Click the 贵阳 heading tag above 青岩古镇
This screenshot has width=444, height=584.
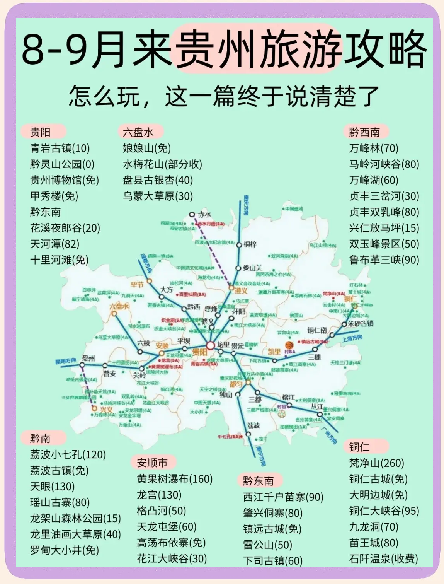tap(41, 132)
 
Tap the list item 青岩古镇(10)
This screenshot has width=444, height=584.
tap(60, 148)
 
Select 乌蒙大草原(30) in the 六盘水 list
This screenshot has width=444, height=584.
tap(158, 196)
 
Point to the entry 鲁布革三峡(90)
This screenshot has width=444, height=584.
tap(384, 260)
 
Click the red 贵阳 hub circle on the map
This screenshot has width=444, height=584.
tap(210, 345)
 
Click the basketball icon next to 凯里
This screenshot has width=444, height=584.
tap(289, 345)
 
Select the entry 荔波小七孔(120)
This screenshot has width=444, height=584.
tap(68, 454)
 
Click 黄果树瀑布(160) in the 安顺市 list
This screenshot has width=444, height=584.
tap(175, 479)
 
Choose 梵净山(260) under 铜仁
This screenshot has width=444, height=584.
tap(376, 463)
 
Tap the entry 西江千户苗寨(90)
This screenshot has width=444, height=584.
tap(283, 497)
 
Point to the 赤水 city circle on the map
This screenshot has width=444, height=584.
tap(192, 214)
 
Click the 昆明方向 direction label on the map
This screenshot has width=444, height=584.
tap(66, 361)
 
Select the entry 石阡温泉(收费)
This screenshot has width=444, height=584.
tap(383, 558)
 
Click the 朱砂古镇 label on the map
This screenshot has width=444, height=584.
tap(360, 323)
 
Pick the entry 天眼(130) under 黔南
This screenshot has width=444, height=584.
tap(52, 487)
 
